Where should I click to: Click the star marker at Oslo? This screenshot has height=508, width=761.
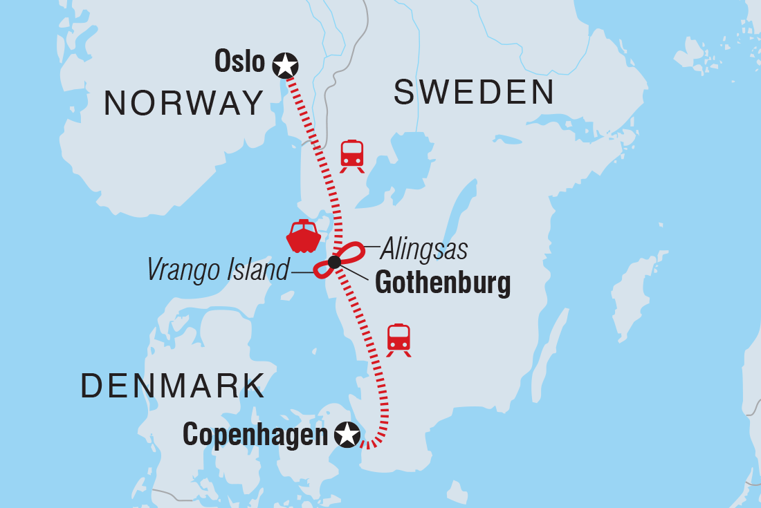(x=285, y=65)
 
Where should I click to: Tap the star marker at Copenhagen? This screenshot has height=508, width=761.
(x=347, y=435)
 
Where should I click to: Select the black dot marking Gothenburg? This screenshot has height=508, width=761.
(x=334, y=262)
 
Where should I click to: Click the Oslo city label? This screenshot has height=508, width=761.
(x=240, y=62)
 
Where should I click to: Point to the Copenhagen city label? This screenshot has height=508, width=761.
(x=255, y=435)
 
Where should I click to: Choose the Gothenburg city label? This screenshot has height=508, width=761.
(x=442, y=283)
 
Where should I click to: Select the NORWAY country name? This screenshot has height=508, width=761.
(x=183, y=104)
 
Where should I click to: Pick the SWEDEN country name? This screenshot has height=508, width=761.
(x=474, y=93)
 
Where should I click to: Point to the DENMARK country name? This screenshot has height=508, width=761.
(x=173, y=385)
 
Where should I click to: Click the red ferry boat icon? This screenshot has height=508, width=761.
(x=303, y=237)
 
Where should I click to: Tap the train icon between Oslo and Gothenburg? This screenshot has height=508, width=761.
(x=352, y=156)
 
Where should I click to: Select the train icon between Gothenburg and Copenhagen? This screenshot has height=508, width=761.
(x=398, y=339)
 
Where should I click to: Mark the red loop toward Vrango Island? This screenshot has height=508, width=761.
(x=322, y=270)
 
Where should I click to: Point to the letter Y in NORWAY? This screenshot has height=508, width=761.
(x=251, y=104)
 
